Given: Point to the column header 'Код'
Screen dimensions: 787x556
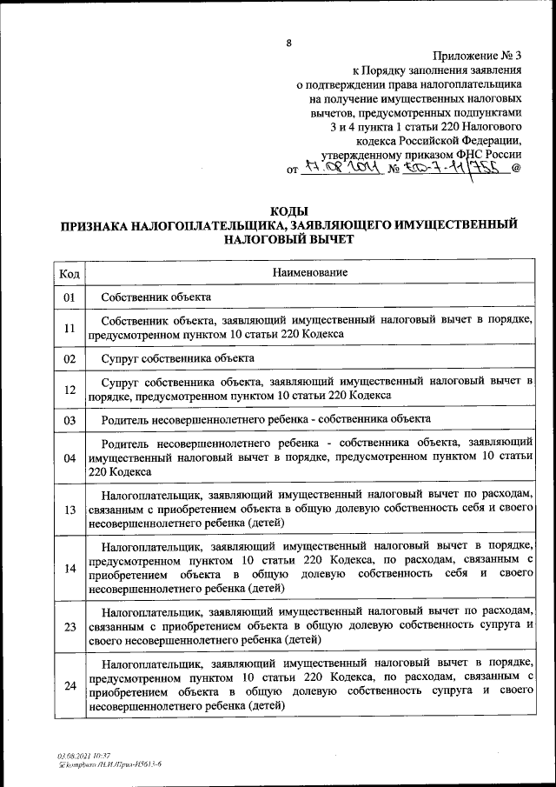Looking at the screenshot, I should click(x=69, y=273).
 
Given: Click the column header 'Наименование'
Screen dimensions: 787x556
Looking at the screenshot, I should click(x=310, y=273).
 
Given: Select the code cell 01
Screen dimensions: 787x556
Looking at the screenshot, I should click(x=69, y=297).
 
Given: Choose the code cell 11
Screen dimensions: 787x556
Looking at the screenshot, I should click(x=69, y=328).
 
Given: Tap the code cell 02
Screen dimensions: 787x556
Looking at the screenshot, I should click(x=69, y=358).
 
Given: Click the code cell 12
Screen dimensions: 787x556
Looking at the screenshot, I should click(x=69, y=389).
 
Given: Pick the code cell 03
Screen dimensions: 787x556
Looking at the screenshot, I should click(x=69, y=419).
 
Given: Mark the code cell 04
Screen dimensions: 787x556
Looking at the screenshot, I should click(x=69, y=457).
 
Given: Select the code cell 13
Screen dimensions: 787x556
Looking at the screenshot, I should click(x=69, y=509).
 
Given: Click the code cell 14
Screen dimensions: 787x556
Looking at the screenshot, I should click(x=69, y=568).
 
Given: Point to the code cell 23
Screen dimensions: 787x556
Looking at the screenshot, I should click(x=69, y=626).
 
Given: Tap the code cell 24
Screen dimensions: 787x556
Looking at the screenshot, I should click(x=69, y=685).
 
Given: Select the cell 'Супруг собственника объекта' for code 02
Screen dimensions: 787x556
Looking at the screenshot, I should click(x=177, y=358).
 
